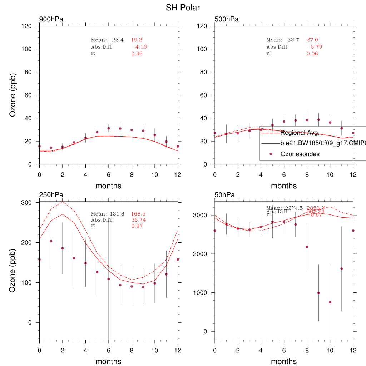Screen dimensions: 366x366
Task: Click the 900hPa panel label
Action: pyautogui.click(x=51, y=19)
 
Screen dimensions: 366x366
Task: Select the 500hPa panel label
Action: pyautogui.click(x=227, y=19)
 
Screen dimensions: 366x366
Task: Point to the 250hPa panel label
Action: pyautogui.click(x=51, y=195)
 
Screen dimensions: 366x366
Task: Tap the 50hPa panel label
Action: pyautogui.click(x=225, y=195)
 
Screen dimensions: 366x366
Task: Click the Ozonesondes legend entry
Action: pyautogui.click(x=300, y=154)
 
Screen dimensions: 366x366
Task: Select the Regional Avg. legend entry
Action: pyautogui.click(x=300, y=133)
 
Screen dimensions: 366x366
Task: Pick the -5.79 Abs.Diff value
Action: pyautogui.click(x=315, y=47)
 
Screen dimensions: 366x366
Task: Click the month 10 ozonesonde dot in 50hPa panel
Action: pyautogui.click(x=330, y=302)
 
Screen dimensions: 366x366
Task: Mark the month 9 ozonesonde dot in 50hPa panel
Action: pyautogui.click(x=318, y=293)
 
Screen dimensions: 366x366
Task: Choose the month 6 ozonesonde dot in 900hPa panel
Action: pyautogui.click(x=109, y=128)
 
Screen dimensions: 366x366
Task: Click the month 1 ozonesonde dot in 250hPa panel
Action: pyautogui.click(x=51, y=241)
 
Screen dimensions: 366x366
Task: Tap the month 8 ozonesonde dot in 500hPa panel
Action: pyautogui.click(x=307, y=120)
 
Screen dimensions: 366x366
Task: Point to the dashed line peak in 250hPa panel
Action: pyautogui.click(x=63, y=202)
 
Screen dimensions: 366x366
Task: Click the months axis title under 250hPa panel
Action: pyautogui.click(x=108, y=361)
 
